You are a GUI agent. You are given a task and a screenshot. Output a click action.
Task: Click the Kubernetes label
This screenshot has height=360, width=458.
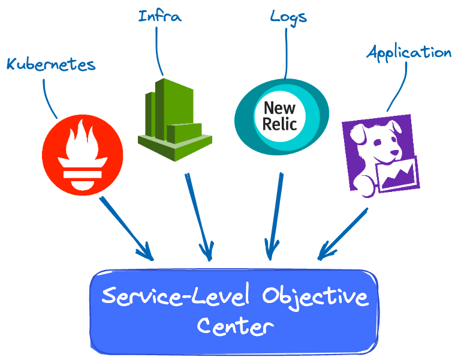(51, 64)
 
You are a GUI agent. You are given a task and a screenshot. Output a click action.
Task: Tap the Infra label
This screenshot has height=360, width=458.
(159, 16)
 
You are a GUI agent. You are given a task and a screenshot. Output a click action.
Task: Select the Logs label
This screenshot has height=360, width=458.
(288, 16)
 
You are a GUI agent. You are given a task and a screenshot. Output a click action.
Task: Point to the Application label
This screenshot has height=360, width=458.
(408, 53)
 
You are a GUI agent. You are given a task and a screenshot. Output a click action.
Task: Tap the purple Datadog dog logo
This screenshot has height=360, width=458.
(379, 152)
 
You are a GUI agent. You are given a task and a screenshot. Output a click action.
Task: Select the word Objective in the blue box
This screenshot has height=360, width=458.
(315, 297)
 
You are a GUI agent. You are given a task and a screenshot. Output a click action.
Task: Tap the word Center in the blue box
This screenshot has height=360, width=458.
(235, 327)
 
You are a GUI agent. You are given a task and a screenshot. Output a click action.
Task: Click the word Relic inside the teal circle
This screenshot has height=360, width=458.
(279, 124)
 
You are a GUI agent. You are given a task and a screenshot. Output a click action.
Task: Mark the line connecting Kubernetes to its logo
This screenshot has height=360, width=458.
(47, 96)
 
